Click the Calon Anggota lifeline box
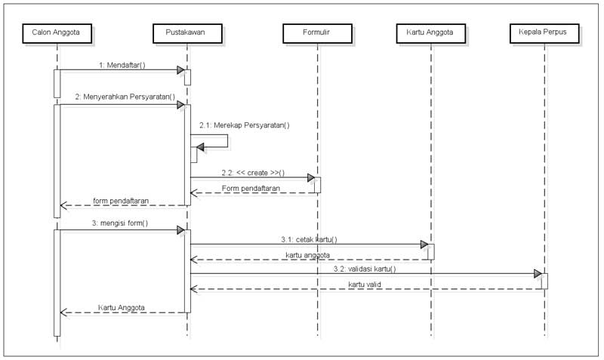click(57, 32)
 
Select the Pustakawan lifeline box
click(187, 32)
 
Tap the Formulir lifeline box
click(317, 32)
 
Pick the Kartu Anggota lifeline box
click(431, 32)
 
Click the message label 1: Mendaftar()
click(122, 65)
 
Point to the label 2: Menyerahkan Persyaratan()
click(125, 97)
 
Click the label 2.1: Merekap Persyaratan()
click(245, 125)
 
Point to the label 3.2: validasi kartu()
click(364, 268)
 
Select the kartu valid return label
click(366, 284)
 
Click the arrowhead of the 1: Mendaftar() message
click(181, 70)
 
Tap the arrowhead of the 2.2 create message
click(311, 178)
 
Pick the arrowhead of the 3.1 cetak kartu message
click(425, 245)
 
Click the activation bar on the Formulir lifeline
click(317, 185)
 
